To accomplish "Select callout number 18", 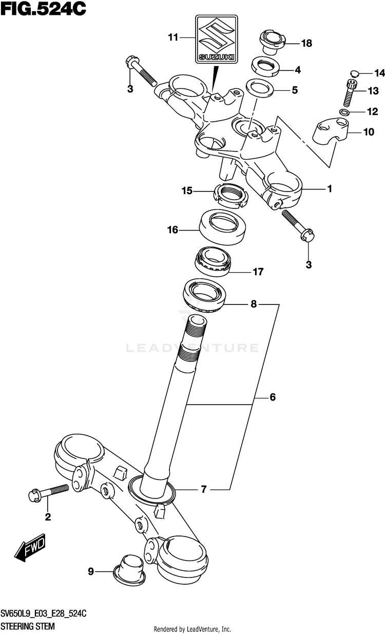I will coord(306,43).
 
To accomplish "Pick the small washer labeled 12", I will coord(345,112).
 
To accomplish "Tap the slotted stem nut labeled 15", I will coord(230,195).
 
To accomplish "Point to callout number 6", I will coord(273,397).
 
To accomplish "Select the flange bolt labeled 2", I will coord(49,493).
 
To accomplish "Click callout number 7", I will coord(203,489).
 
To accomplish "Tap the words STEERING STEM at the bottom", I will coord(28,627).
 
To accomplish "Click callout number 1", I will coord(330,189).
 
